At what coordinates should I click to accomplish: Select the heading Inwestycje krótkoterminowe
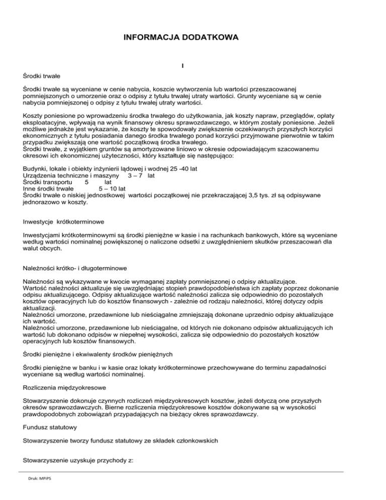click(x=65, y=222)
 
